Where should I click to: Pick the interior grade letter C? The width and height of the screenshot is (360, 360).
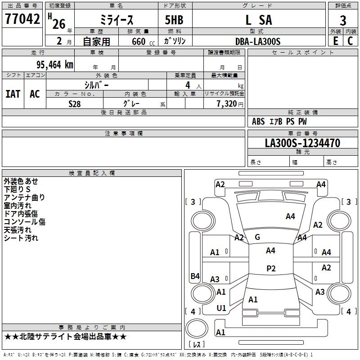click(350, 41)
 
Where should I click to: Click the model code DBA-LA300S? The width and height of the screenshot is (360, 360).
click(258, 41)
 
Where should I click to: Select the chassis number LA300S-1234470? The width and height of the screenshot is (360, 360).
click(302, 143)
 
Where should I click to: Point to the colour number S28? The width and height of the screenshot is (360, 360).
click(75, 103)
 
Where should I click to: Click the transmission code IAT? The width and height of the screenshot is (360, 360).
click(13, 94)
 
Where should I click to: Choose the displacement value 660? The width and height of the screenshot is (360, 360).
click(138, 41)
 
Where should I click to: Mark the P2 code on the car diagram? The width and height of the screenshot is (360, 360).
click(271, 269)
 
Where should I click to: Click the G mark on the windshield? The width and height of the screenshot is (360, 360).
click(257, 237)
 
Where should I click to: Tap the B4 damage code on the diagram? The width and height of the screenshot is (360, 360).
click(195, 276)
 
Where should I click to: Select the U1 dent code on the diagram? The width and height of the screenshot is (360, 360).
click(221, 308)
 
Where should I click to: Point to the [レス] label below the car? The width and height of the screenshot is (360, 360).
click(196, 345)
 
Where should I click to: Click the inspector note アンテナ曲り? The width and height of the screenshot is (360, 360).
click(24, 197)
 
